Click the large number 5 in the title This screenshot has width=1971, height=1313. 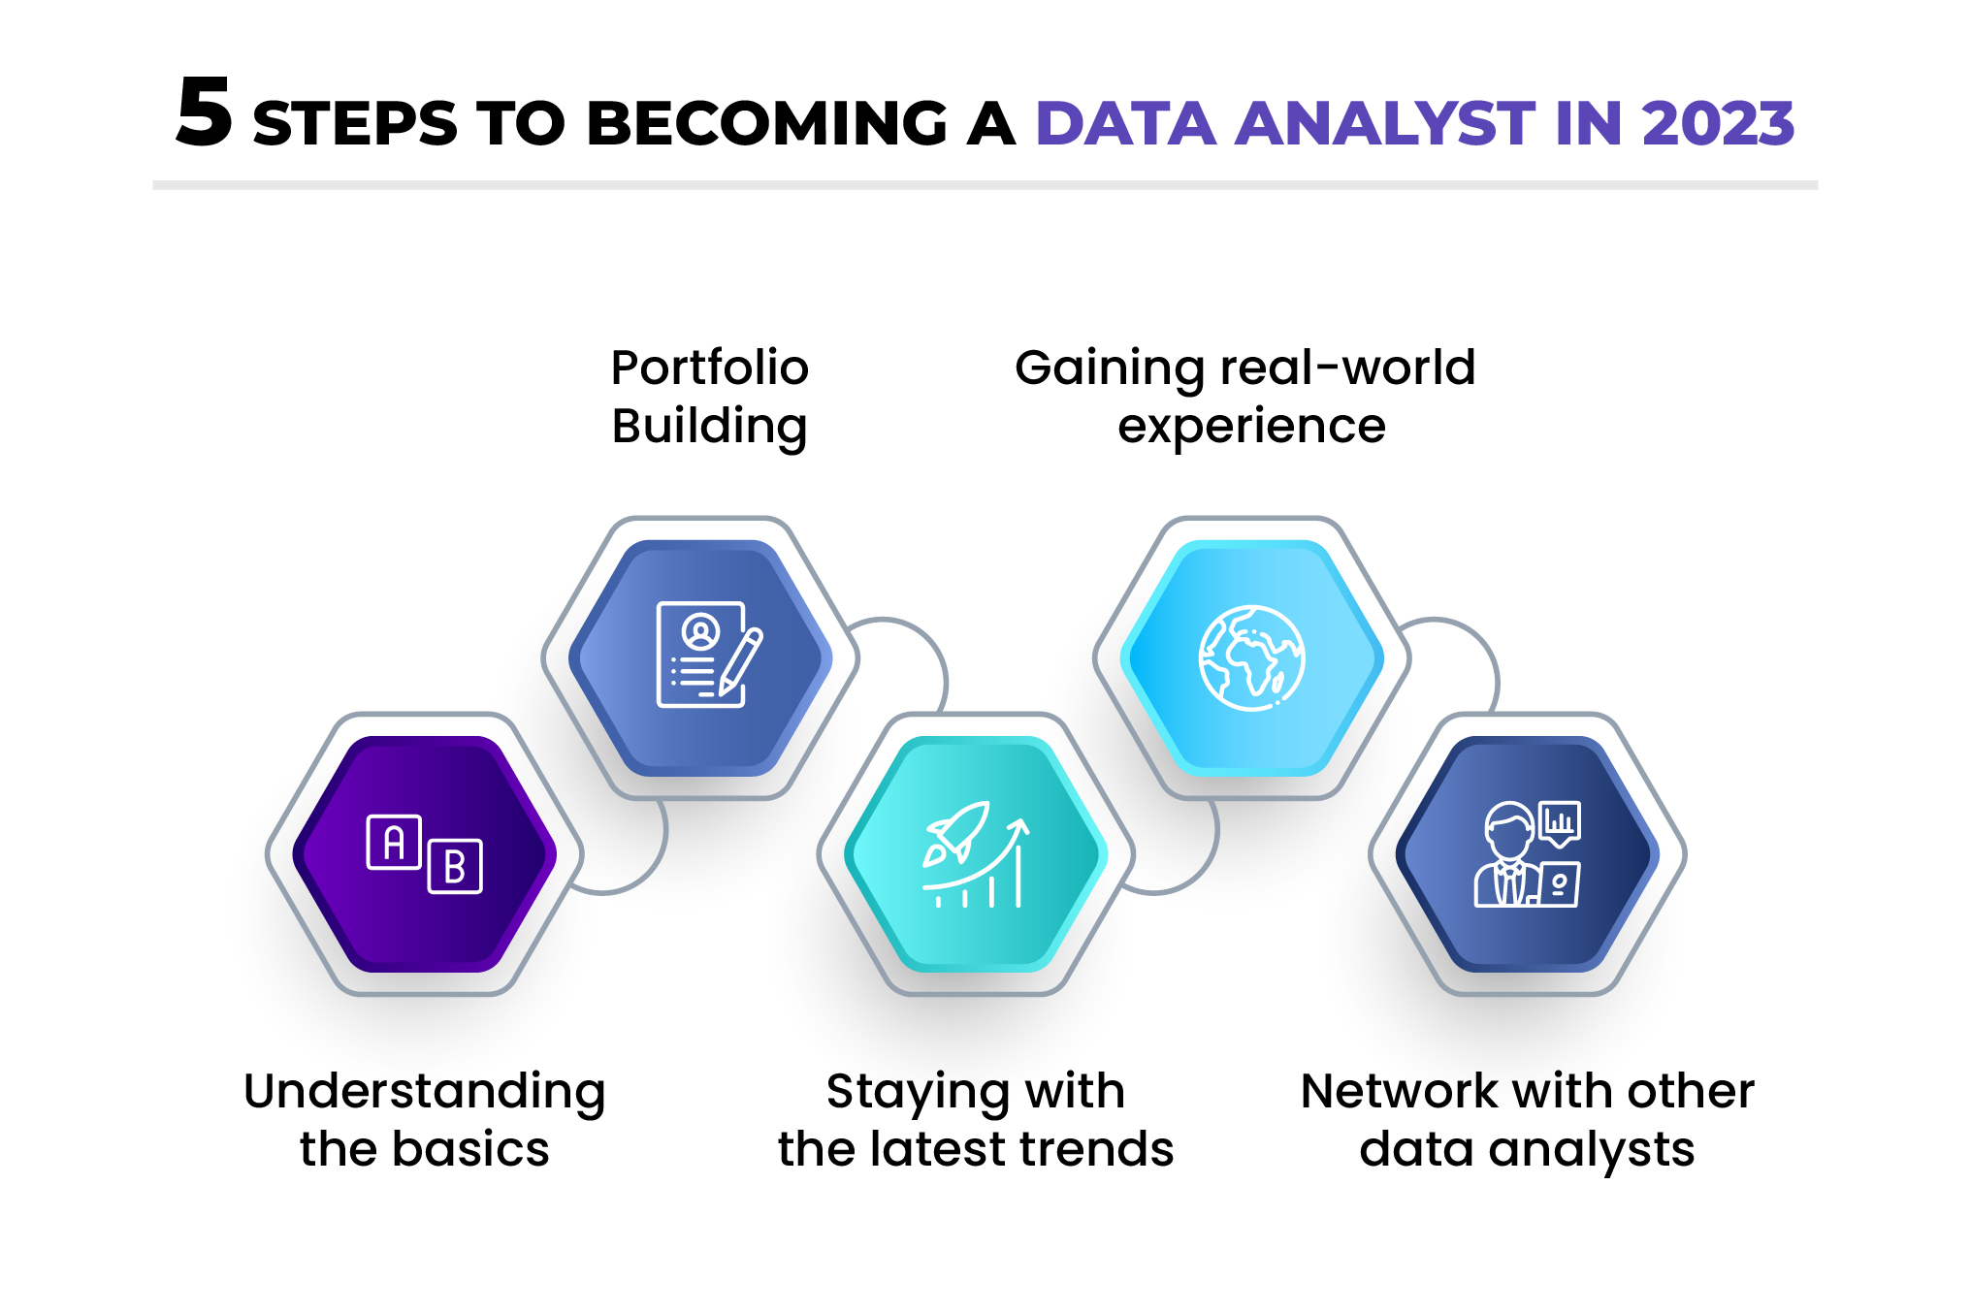pyautogui.click(x=205, y=113)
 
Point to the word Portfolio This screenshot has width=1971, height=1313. pyautogui.click(x=709, y=368)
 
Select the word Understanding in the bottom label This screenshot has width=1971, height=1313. pyautogui.click(x=425, y=1092)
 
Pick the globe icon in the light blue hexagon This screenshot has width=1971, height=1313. pyautogui.click(x=1251, y=658)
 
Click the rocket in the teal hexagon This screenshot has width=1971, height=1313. pyautogui.click(x=958, y=831)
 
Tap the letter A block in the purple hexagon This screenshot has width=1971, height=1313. pyautogui.click(x=394, y=842)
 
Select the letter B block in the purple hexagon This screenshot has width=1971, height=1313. pyautogui.click(x=454, y=866)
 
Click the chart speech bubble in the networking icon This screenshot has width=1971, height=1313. pyautogui.click(x=1560, y=822)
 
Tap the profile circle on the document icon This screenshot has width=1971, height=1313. pyautogui.click(x=700, y=632)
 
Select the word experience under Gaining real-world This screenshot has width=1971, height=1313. pyautogui.click(x=1251, y=427)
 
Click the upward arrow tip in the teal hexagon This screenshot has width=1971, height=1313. pyautogui.click(x=1018, y=825)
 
